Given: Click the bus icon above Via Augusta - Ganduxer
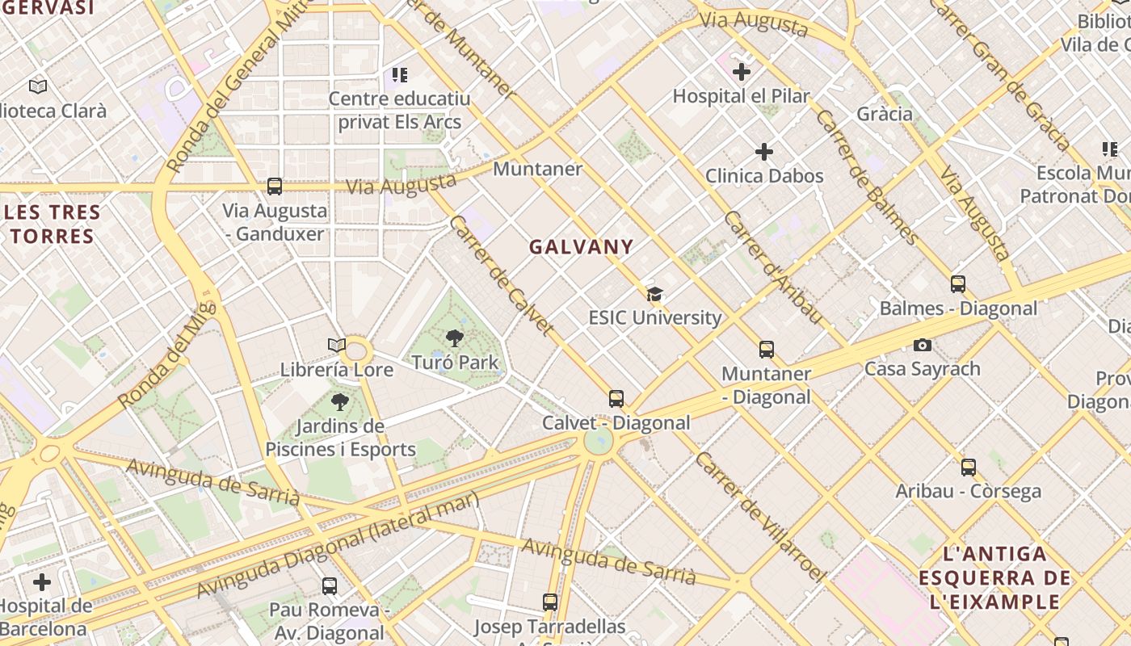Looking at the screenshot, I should pyautogui.click(x=275, y=187).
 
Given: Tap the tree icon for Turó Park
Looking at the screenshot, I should pyautogui.click(x=455, y=338).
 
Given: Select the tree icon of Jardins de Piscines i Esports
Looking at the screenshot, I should pyautogui.click(x=340, y=401).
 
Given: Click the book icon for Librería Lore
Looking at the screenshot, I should pyautogui.click(x=337, y=346).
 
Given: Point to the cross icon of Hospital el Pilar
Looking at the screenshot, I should pyautogui.click(x=742, y=72).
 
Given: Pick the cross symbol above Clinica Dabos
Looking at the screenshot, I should pyautogui.click(x=763, y=152).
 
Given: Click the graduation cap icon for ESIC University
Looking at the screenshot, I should pyautogui.click(x=654, y=294).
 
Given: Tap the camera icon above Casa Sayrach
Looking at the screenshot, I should pyautogui.click(x=922, y=346).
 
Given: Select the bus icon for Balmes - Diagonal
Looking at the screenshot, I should pyautogui.click(x=958, y=284).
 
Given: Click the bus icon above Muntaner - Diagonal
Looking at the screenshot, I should pyautogui.click(x=766, y=350).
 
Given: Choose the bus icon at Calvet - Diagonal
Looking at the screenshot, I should pyautogui.click(x=616, y=399).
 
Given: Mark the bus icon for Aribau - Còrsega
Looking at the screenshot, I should pyautogui.click(x=968, y=467).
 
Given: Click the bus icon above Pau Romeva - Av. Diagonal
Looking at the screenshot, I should pyautogui.click(x=330, y=586).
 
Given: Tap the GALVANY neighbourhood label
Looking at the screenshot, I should pyautogui.click(x=582, y=247).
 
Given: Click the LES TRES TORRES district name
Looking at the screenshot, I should pyautogui.click(x=53, y=224).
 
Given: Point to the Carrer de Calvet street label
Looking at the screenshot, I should pyautogui.click(x=502, y=275).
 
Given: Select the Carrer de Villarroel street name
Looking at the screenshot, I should pyautogui.click(x=760, y=517).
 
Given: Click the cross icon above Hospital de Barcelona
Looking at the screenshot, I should pyautogui.click(x=42, y=582).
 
